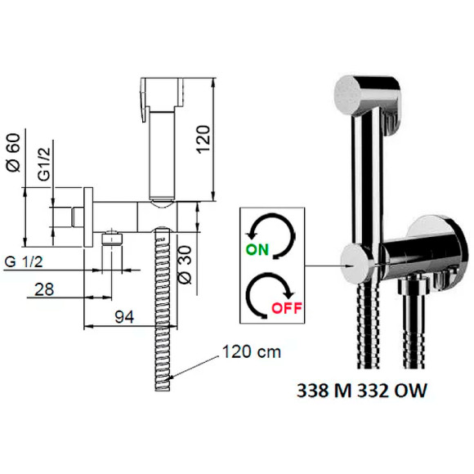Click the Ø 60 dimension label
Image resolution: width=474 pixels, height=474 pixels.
(14, 153)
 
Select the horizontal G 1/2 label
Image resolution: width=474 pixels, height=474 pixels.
(24, 262)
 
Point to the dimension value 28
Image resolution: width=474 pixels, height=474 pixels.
(44, 289)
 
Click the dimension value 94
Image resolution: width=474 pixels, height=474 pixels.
(124, 317)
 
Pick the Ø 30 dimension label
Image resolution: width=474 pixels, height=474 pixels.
(186, 265)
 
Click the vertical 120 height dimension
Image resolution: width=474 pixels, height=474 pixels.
(203, 139)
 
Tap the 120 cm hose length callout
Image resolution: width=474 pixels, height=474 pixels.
(252, 352)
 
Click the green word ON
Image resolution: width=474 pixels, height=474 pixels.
(257, 250)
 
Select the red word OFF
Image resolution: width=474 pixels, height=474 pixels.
(287, 308)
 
